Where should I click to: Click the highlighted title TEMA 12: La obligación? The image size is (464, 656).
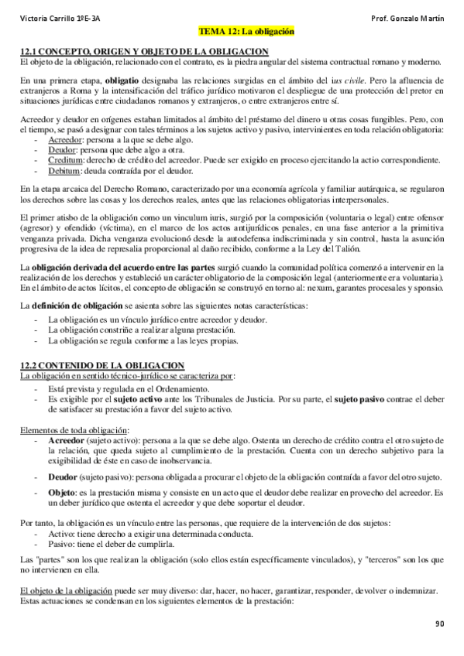[x=247, y=34]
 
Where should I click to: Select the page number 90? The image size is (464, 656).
[x=440, y=624]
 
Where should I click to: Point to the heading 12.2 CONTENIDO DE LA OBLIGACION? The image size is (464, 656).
[x=101, y=365]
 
